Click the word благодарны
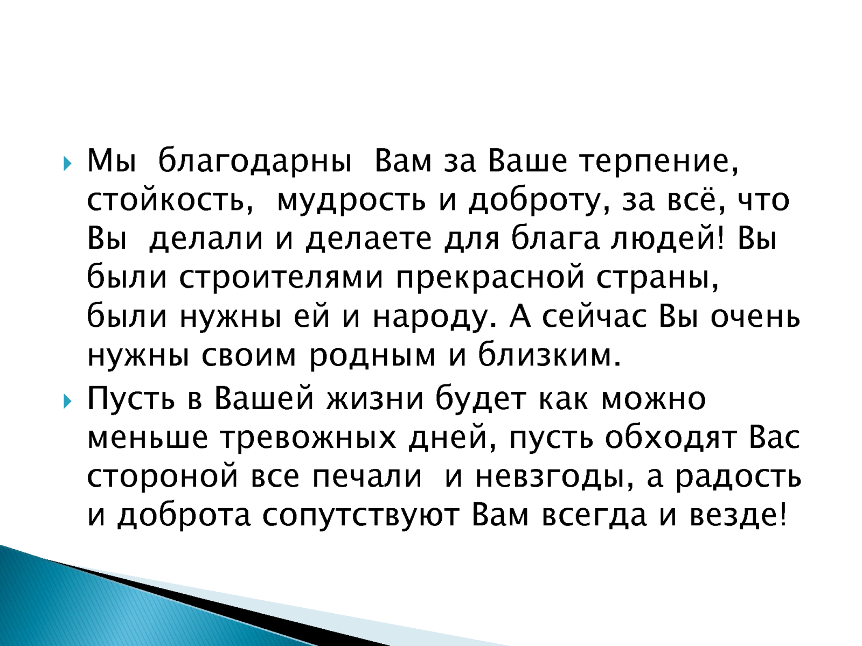(255, 161)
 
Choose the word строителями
(281, 278)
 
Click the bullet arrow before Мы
(67, 163)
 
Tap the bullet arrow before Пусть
(67, 401)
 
